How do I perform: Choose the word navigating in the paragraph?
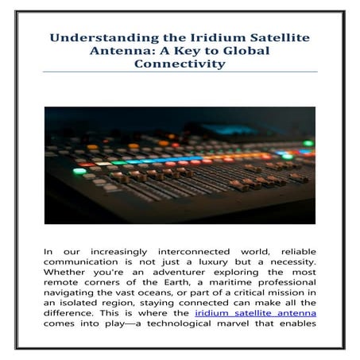75,300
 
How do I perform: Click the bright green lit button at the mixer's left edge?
79,171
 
